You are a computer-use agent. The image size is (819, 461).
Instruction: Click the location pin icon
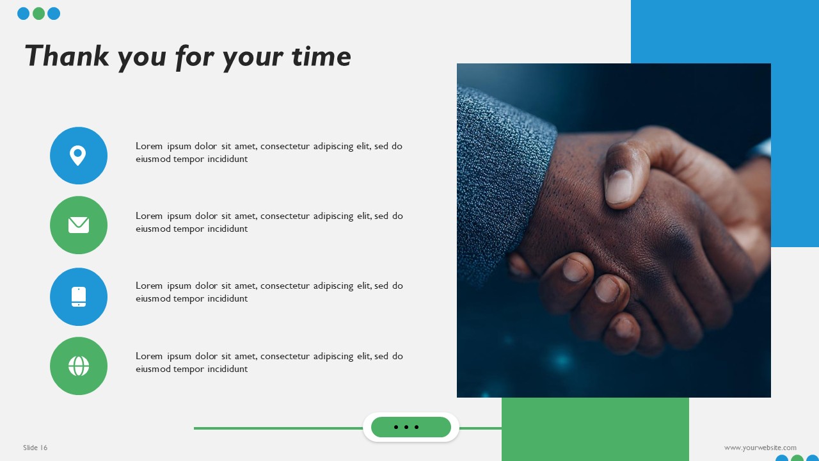(x=78, y=156)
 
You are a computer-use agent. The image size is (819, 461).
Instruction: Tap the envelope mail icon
(x=79, y=225)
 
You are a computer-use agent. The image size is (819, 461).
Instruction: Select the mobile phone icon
(x=79, y=296)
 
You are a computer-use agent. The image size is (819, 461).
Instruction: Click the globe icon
(x=79, y=366)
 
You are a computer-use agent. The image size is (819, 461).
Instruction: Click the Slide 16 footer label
(x=35, y=448)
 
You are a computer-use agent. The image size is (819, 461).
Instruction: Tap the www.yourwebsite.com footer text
(x=760, y=448)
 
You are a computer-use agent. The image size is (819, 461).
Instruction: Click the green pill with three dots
(x=411, y=427)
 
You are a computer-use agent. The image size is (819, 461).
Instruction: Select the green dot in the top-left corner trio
(x=38, y=13)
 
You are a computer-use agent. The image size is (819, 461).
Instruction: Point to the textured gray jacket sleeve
(x=499, y=179)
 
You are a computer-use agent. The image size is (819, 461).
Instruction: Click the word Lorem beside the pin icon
(x=149, y=146)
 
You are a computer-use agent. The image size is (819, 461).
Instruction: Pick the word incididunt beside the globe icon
(x=227, y=369)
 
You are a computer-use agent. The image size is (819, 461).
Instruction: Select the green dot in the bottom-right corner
(x=797, y=458)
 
